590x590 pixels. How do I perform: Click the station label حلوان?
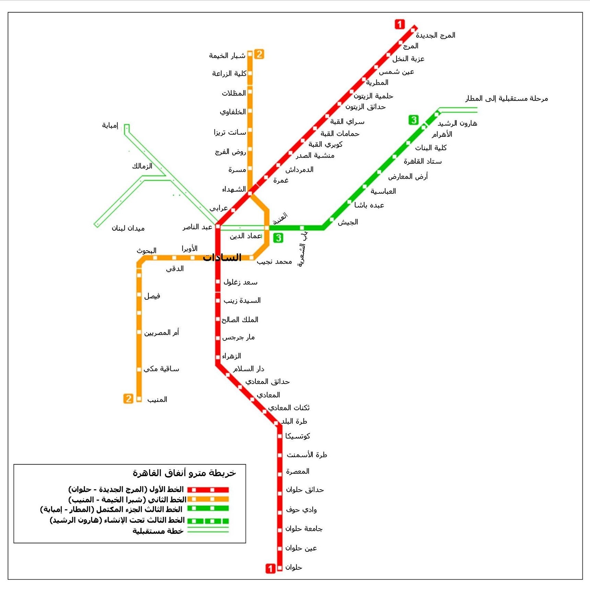pyautogui.click(x=293, y=567)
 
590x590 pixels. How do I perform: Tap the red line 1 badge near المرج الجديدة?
pyautogui.click(x=399, y=24)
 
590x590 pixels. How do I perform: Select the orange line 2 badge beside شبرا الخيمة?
pyautogui.click(x=259, y=54)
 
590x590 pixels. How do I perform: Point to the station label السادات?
pyautogui.click(x=222, y=257)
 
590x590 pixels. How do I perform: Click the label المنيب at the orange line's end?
pyautogui.click(x=157, y=399)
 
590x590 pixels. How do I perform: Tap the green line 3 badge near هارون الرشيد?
pyautogui.click(x=413, y=120)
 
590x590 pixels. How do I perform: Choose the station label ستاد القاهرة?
pyautogui.click(x=422, y=161)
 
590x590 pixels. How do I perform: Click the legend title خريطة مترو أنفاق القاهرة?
pyautogui.click(x=184, y=473)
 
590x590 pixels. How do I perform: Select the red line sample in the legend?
pyautogui.click(x=208, y=490)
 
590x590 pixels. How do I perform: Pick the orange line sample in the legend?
pyautogui.click(x=208, y=499)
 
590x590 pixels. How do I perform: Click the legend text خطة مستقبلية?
pyautogui.click(x=158, y=531)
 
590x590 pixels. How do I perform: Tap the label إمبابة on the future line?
pyautogui.click(x=110, y=126)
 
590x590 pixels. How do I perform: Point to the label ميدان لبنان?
pyautogui.click(x=128, y=228)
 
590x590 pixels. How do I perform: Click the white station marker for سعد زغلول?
pyautogui.click(x=218, y=282)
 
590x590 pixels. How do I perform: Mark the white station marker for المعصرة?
pyautogui.click(x=280, y=474)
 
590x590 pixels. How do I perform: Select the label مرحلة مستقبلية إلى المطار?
pyautogui.click(x=506, y=99)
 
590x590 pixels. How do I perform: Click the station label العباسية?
pyautogui.click(x=383, y=191)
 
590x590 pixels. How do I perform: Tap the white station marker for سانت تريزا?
pyautogui.click(x=250, y=130)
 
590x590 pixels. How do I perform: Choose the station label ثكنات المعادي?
pyautogui.click(x=289, y=408)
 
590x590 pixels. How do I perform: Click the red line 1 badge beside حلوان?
pyautogui.click(x=270, y=568)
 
